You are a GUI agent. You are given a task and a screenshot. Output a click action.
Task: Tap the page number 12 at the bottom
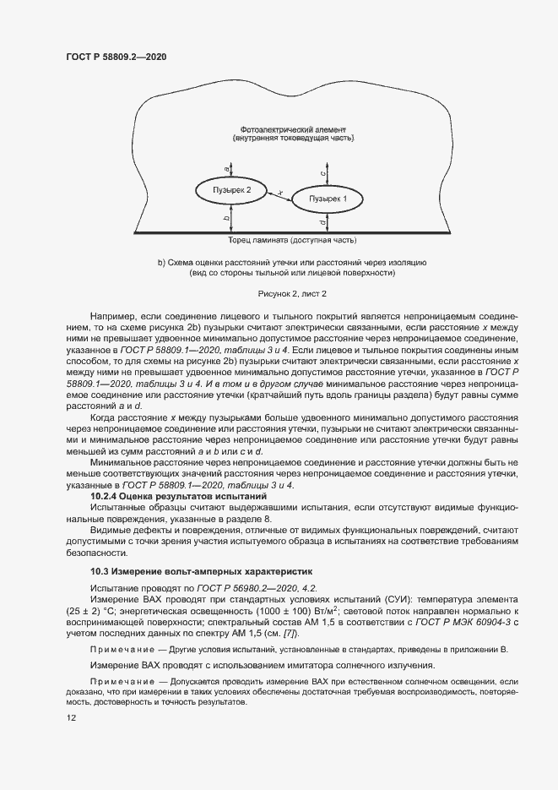coord(71,718)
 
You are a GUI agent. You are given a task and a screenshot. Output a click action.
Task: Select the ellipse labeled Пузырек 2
coord(231,189)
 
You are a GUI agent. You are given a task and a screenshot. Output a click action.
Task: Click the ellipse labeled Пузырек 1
coord(328,199)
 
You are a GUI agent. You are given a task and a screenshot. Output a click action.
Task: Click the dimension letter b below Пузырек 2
coord(226,219)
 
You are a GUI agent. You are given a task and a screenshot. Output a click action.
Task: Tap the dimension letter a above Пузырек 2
coord(226,168)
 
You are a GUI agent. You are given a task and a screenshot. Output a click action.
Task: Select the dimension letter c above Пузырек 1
coord(323,172)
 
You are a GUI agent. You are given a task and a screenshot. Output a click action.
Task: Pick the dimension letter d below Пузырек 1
coord(323,222)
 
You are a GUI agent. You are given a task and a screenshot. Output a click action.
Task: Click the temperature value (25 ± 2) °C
coord(92,610)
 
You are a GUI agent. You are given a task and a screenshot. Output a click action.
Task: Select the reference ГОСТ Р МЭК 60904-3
coord(457,622)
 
